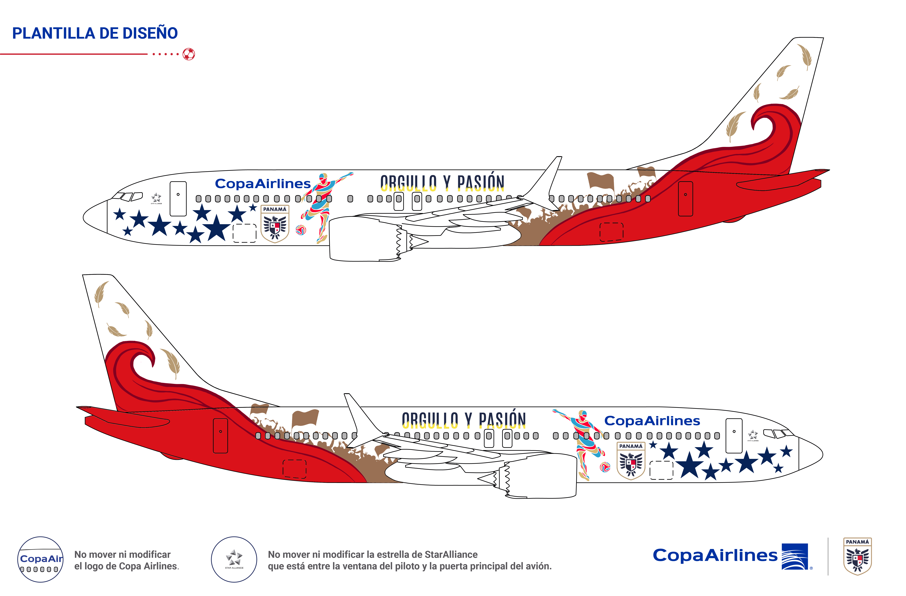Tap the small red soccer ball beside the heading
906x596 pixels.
(x=189, y=54)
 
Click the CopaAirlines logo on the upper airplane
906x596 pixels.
(x=263, y=184)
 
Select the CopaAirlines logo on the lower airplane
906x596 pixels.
(x=652, y=421)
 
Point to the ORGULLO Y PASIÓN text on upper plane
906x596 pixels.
(x=442, y=183)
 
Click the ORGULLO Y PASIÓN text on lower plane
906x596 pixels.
(x=464, y=420)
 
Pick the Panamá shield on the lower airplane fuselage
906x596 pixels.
(x=631, y=460)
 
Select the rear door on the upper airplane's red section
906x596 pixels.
(x=685, y=199)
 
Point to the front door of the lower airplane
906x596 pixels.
(x=734, y=436)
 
